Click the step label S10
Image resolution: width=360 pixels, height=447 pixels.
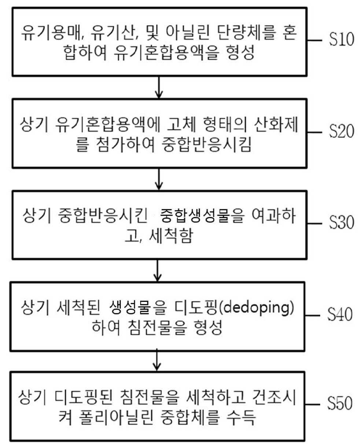tap(341, 39)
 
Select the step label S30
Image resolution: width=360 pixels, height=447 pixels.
tap(341, 222)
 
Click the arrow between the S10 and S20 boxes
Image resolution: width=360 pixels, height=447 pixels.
tap(159, 87)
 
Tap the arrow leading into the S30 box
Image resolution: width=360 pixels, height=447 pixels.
tap(159, 179)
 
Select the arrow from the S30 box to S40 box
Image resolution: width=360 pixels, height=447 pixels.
tap(157, 271)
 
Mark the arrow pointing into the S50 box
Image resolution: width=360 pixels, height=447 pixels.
tap(157, 360)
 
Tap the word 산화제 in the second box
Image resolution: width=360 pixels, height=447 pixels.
tap(276, 125)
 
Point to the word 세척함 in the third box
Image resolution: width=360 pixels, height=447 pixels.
tap(170, 236)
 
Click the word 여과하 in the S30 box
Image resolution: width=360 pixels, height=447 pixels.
tap(273, 216)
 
